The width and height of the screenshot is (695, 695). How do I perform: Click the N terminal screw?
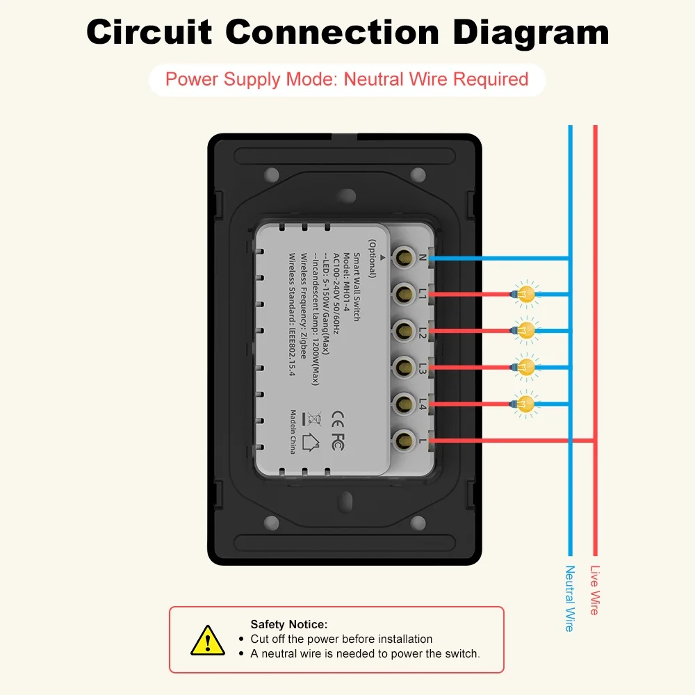coord(402,259)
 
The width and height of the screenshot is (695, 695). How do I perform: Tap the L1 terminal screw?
coord(402,295)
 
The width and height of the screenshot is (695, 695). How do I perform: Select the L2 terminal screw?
coord(402,331)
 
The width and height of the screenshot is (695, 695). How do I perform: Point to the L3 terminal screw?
coord(402,367)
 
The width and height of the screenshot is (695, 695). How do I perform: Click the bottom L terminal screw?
coord(402,439)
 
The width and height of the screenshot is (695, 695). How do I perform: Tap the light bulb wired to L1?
coord(527,294)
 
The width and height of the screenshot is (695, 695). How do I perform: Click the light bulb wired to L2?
coord(527,330)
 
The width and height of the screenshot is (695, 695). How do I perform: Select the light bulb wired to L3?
coord(527,366)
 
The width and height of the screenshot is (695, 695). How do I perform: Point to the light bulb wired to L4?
coord(527,402)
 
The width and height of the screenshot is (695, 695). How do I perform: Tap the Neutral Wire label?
coord(570,598)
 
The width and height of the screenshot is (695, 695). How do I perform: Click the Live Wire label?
coord(594,590)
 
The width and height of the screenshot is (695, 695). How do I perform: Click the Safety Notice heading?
coord(288,624)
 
